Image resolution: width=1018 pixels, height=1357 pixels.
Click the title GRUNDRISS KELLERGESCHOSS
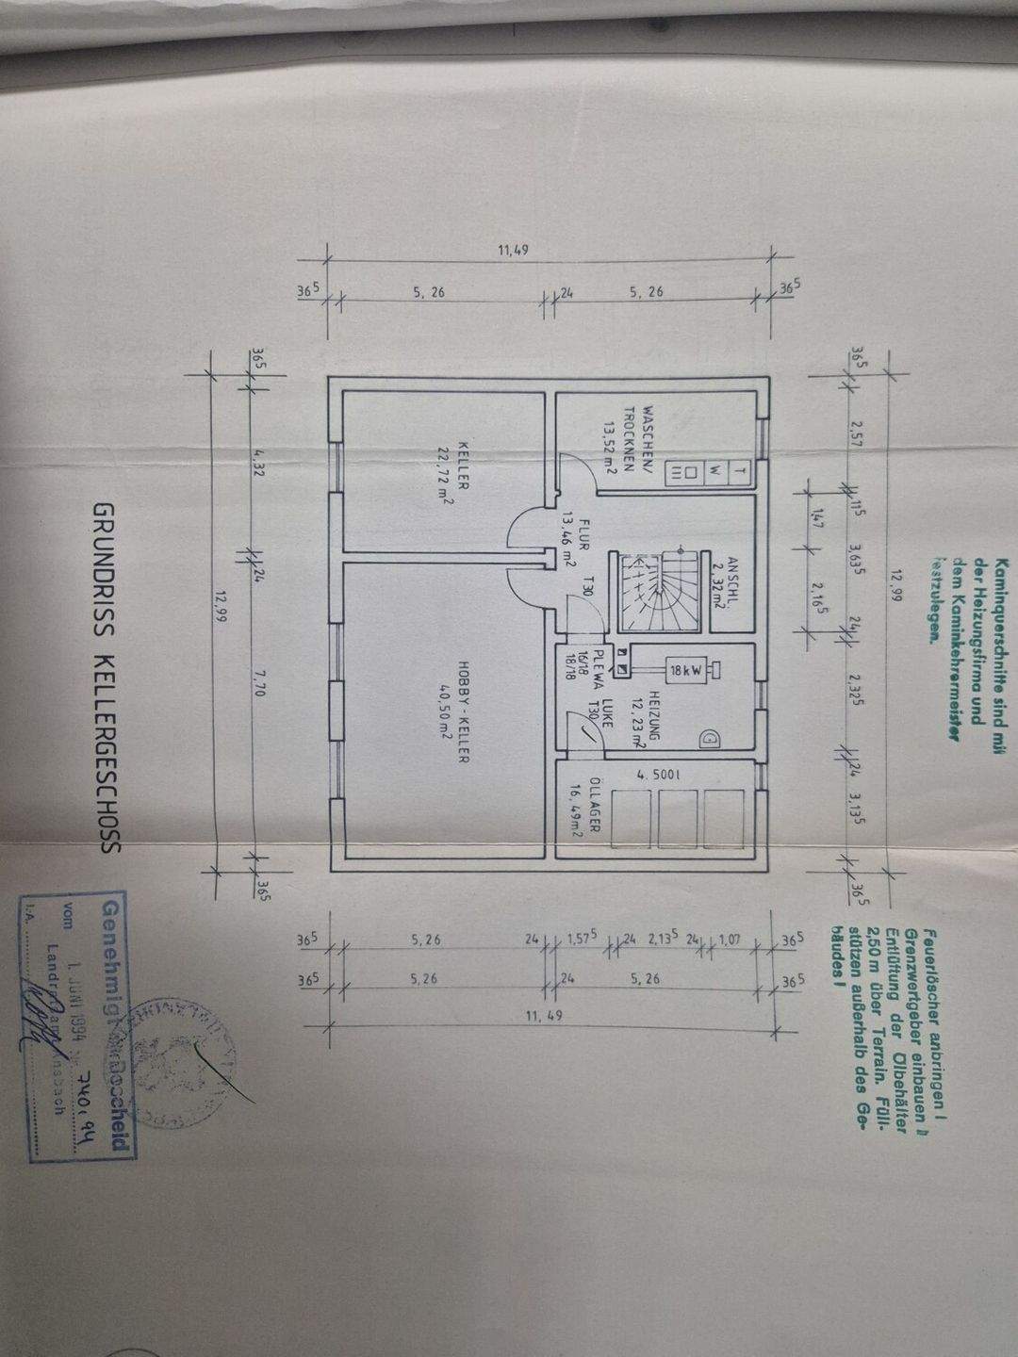(x=105, y=677)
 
